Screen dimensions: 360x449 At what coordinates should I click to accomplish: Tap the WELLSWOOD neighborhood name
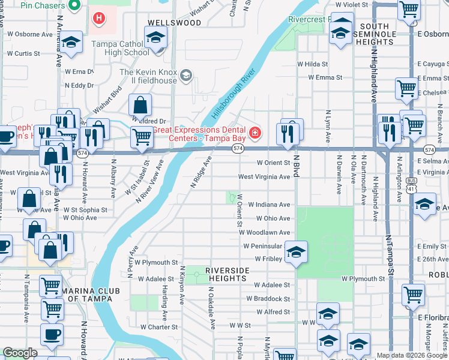coord(165,23)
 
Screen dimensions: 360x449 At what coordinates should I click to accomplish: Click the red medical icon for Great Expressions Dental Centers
coord(255,132)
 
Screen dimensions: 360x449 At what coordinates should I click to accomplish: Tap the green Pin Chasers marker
coord(74,6)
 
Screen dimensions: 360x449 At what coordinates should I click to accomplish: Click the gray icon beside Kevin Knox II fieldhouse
coord(186,74)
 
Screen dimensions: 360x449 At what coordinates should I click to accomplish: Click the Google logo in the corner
coord(20,353)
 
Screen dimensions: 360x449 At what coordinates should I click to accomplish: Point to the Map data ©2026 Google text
coord(411,355)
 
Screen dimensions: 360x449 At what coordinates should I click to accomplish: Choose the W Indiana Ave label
coord(269,205)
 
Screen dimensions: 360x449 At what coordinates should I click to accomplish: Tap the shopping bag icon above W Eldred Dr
coord(140,106)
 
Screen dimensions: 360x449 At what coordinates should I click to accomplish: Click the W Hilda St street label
coord(313,64)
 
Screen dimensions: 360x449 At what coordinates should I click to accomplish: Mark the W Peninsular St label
coord(262,247)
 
